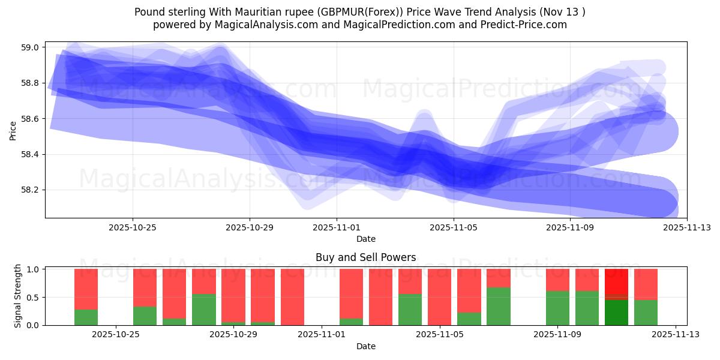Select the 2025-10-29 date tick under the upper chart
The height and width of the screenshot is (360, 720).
[x=250, y=227]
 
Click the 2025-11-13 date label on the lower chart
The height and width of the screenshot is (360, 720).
[x=676, y=335]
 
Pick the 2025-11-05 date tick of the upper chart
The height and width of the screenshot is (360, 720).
[x=454, y=227]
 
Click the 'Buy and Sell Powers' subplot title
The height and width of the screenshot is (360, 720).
[x=365, y=257]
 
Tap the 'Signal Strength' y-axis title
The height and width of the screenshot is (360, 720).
[x=18, y=296]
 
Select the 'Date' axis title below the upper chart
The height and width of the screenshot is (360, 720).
[x=365, y=239]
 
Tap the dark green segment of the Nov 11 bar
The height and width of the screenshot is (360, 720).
[x=616, y=312]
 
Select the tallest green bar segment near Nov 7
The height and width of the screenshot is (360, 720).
[x=498, y=306]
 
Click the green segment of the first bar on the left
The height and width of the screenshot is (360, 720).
[x=86, y=317]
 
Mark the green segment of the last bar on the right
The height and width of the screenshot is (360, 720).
[x=646, y=312]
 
